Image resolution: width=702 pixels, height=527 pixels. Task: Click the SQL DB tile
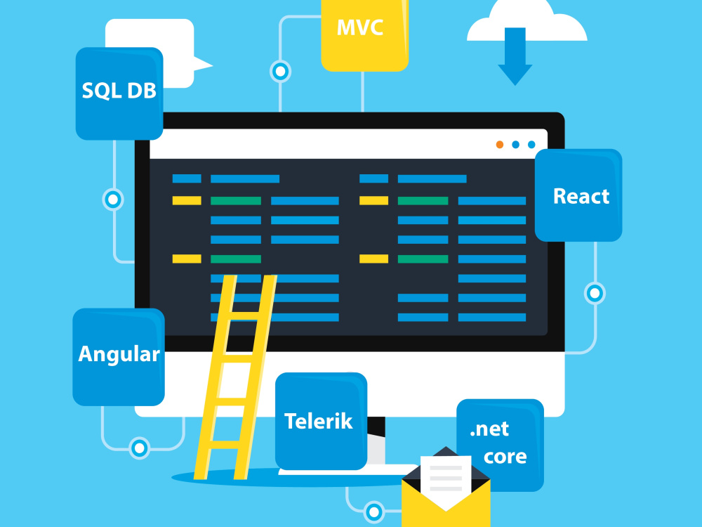[x=119, y=93]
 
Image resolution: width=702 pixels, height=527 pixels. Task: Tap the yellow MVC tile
[x=364, y=35]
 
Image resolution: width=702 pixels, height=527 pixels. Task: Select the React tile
[x=578, y=195]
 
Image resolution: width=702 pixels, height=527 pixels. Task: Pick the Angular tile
[x=119, y=357]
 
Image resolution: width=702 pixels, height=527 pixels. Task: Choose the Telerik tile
[x=321, y=421]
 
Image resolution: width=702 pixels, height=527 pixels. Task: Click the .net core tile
[x=500, y=445]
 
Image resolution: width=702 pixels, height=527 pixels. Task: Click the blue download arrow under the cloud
[x=515, y=56]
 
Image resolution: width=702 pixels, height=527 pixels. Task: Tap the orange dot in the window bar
[x=500, y=144]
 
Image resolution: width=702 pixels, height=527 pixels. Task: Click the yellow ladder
[x=235, y=377]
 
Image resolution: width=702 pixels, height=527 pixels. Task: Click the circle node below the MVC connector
[x=281, y=71]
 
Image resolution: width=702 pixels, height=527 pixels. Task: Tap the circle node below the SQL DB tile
[x=113, y=200]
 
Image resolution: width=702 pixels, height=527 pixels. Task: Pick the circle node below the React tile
[x=595, y=294]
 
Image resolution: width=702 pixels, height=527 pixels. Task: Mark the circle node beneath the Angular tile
[x=139, y=448]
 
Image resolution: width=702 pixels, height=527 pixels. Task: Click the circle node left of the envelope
[x=374, y=512]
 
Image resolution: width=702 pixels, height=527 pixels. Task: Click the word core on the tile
[x=505, y=457]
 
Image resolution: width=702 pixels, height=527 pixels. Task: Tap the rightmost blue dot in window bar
[x=531, y=144]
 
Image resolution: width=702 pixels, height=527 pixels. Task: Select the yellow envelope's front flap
[x=446, y=504]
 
